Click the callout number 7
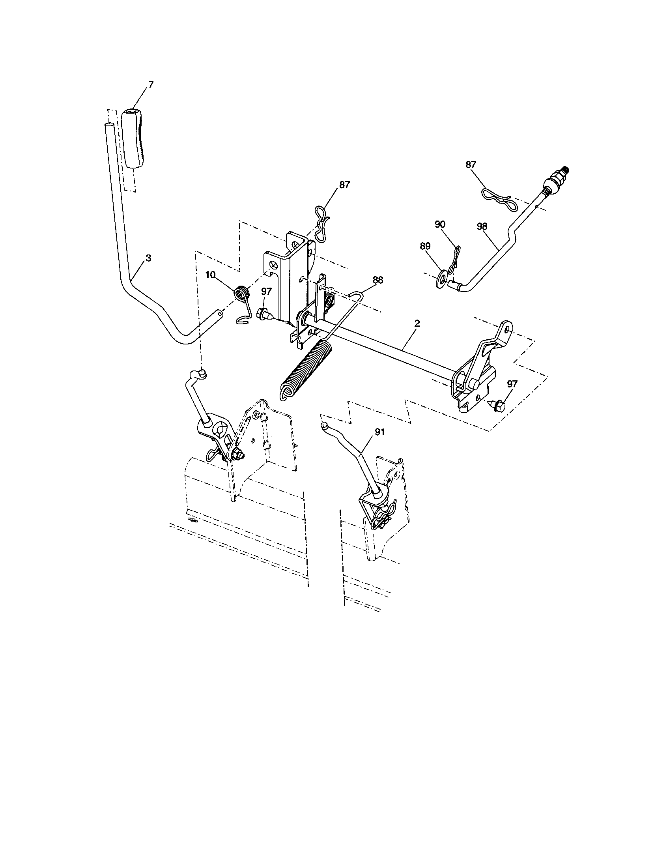(150, 85)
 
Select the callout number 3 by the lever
(148, 258)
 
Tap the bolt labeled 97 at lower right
(496, 406)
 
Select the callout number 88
(378, 280)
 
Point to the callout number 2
(417, 324)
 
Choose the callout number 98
(482, 226)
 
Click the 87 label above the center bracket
(344, 185)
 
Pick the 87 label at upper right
(471, 164)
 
